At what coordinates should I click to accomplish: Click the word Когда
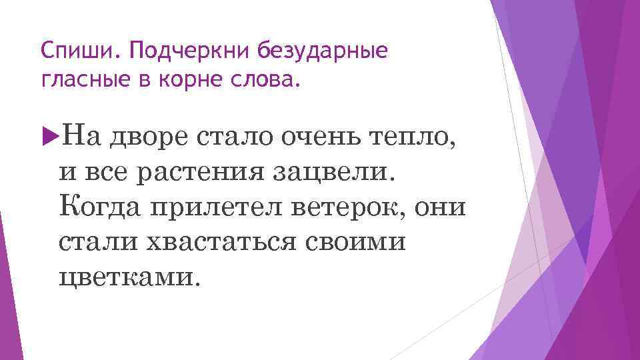pyautogui.click(x=101, y=207)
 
